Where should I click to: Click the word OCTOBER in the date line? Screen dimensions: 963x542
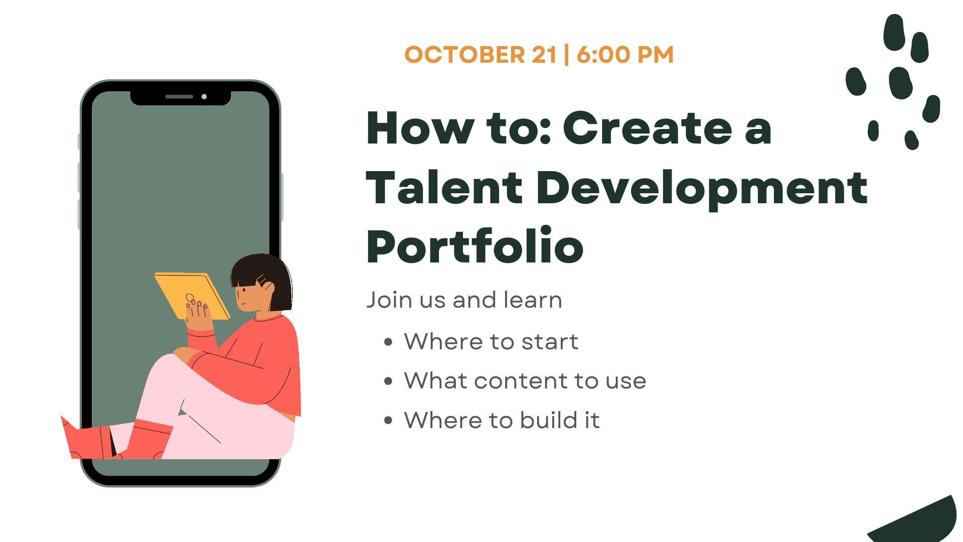tap(465, 55)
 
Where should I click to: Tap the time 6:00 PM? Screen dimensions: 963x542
tap(625, 55)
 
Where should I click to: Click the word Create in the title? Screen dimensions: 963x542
tap(648, 128)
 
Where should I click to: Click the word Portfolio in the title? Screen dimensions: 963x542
tap(475, 245)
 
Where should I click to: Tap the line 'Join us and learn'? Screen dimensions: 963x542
tap(464, 300)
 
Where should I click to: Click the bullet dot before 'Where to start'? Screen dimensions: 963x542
tap(388, 342)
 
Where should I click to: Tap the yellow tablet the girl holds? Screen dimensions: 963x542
tap(192, 296)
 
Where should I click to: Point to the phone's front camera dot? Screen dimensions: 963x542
tap(204, 96)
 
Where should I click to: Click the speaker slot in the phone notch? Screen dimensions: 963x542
tap(179, 96)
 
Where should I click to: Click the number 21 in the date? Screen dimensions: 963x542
tap(544, 55)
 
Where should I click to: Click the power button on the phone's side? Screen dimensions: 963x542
tap(282, 197)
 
